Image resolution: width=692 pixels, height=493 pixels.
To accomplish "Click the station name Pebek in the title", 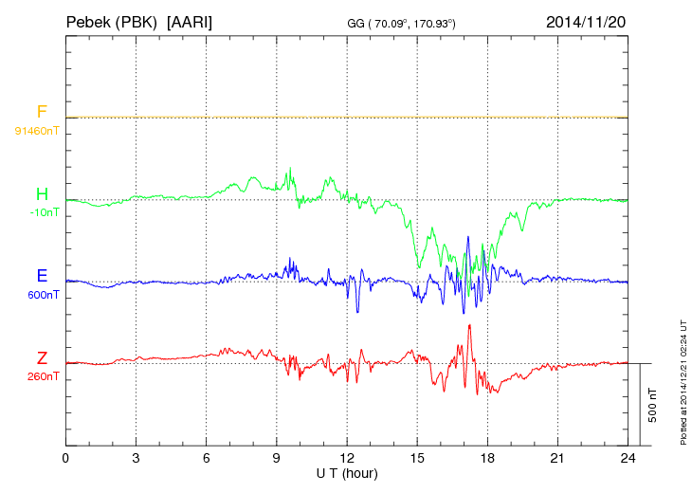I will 91,21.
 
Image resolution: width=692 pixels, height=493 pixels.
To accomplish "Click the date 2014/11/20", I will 587,21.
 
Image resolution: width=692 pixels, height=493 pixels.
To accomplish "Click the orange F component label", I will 42,113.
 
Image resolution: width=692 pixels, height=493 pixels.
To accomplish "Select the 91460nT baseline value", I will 37,130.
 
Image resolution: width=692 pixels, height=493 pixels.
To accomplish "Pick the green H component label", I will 42,194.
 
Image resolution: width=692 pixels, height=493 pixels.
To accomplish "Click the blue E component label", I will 42,277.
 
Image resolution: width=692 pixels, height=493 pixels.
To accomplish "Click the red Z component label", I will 42,358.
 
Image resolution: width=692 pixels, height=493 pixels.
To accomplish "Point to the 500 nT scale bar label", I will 653,405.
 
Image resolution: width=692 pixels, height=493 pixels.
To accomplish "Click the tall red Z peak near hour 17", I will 469,326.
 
